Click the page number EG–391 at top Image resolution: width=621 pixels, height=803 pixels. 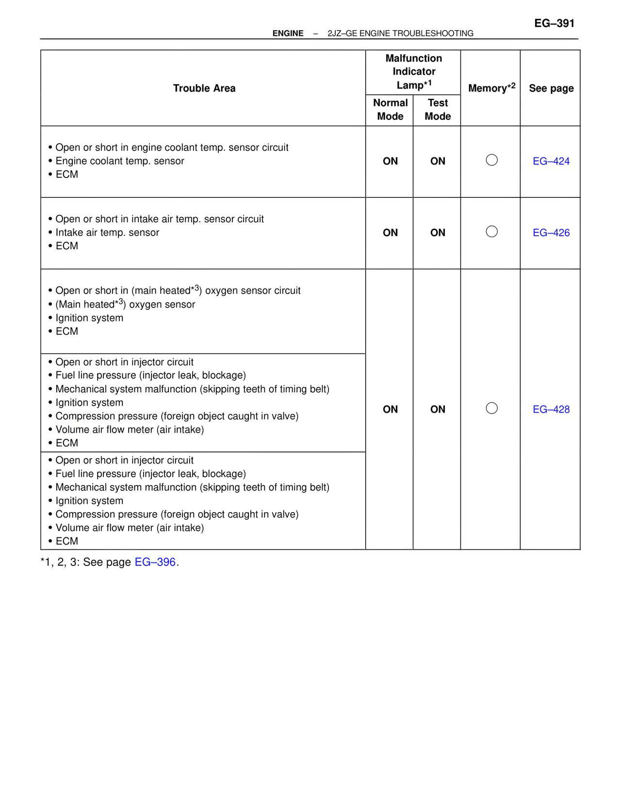[554, 23]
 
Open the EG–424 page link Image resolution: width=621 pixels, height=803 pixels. [551, 161]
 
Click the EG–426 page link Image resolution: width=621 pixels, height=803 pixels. [551, 233]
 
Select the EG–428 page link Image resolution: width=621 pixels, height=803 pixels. [551, 409]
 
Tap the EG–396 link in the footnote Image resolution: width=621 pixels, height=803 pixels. [155, 562]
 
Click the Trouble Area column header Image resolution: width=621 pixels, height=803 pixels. [204, 88]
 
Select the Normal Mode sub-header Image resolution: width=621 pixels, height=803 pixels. [390, 110]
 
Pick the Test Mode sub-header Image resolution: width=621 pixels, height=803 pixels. [438, 110]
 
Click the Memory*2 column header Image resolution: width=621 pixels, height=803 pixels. [491, 88]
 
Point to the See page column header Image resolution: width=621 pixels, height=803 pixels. [551, 88]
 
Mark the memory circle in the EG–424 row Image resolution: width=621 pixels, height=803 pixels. [491, 160]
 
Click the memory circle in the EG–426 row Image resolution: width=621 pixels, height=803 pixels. [491, 231]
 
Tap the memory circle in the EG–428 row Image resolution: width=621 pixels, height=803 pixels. [491, 408]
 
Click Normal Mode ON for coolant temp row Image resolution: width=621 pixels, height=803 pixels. [390, 161]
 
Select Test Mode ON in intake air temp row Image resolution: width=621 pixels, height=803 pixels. [438, 233]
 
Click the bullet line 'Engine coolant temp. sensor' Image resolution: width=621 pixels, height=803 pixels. [119, 161]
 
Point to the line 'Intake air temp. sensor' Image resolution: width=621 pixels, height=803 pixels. [107, 233]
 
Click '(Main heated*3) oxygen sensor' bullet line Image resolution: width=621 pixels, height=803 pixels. [125, 305]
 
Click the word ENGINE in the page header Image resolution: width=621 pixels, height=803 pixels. [288, 33]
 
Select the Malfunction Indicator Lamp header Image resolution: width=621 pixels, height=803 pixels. [413, 72]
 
